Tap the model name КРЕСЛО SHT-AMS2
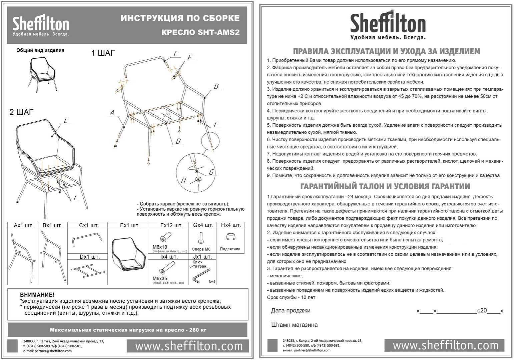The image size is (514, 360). click(200, 32)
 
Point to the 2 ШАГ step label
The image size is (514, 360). click(22, 112)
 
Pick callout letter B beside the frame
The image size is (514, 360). click(216, 87)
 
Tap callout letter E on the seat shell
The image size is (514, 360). click(66, 121)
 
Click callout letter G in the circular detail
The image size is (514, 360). click(211, 172)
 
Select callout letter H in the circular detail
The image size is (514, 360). click(183, 181)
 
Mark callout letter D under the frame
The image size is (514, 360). click(178, 141)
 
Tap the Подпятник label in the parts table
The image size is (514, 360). click(230, 249)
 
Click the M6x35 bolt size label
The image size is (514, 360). click(160, 278)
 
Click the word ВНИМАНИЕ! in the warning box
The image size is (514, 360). click(37, 295)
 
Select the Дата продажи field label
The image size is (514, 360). click(291, 311)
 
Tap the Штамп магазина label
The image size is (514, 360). click(294, 325)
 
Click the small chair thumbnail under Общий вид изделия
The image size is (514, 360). click(42, 73)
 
